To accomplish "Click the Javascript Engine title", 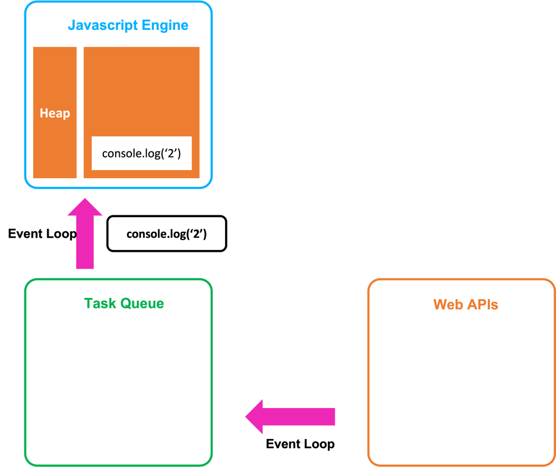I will pos(128,26).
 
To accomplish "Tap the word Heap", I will pos(55,113).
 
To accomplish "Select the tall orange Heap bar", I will pos(55,146).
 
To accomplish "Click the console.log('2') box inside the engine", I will pos(142,153).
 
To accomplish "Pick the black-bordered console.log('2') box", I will pos(167,233).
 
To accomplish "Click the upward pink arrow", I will pos(85,237).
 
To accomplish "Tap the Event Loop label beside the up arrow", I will pos(42,233).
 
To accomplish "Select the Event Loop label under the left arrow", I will pos(300,444).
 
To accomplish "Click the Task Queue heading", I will pos(124,303).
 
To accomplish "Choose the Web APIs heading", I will pos(465,305).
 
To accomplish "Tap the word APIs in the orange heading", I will pos(482,305).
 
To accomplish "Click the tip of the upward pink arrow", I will pos(85,199).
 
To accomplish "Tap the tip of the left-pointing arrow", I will pos(247,417).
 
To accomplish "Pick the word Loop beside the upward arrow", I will pos(63,233).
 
